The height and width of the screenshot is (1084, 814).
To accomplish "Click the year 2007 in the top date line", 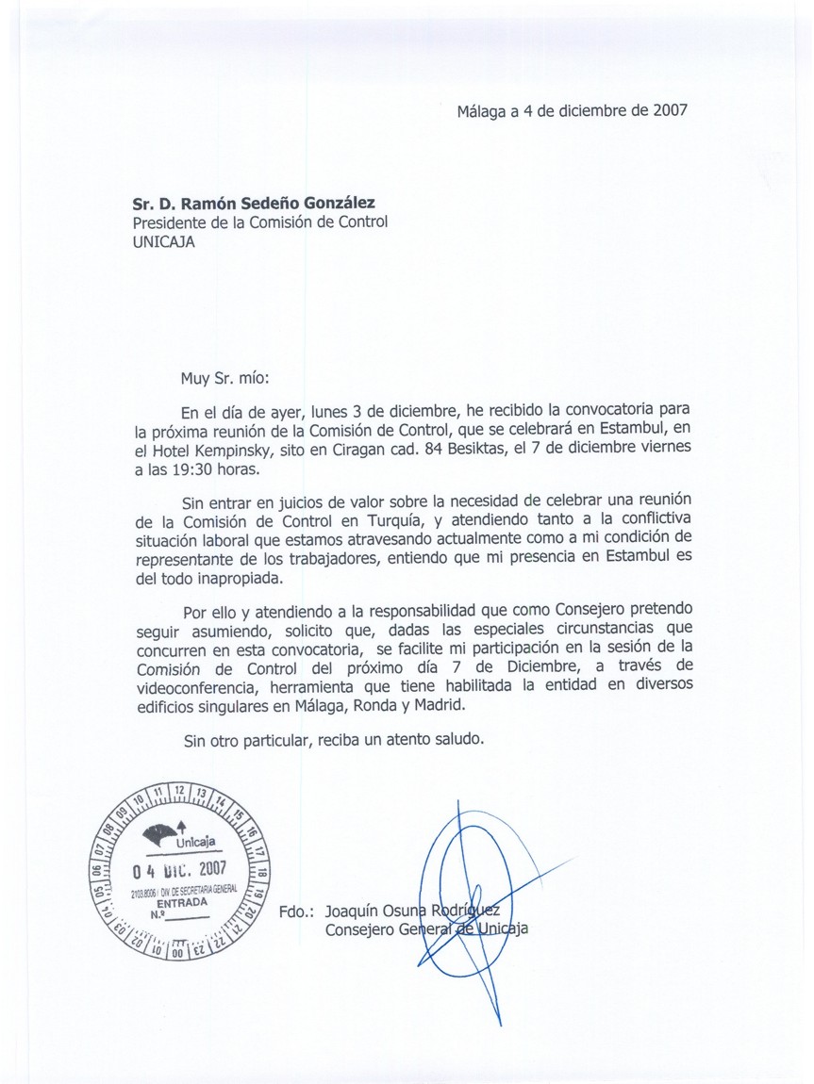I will click(668, 108).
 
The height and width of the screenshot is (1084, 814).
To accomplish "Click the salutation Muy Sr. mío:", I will click(224, 380).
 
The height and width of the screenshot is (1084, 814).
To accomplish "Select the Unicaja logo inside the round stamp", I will click(179, 836).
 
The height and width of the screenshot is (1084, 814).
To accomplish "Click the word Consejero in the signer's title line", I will click(359, 931).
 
